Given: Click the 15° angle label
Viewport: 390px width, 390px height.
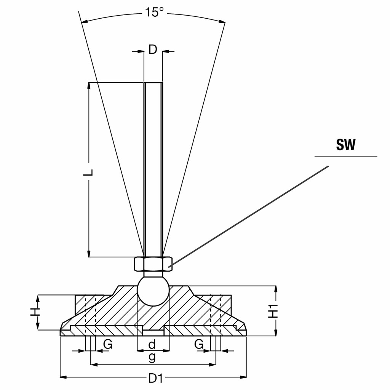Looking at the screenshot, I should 154,12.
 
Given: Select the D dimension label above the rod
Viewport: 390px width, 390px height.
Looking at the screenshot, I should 153,50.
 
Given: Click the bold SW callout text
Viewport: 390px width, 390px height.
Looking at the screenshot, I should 345,145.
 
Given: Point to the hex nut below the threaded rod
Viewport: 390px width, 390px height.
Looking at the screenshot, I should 153,264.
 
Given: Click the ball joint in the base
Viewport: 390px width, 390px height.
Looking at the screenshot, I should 153,290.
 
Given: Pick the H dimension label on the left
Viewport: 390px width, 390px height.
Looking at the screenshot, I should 35,312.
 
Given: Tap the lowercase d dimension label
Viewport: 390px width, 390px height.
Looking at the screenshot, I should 152,345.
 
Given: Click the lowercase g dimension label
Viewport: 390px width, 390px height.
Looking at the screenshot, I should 152,357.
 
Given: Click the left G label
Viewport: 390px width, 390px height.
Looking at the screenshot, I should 108,345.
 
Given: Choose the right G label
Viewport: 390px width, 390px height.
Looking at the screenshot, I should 199,345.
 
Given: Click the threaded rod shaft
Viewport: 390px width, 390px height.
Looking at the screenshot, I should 153,168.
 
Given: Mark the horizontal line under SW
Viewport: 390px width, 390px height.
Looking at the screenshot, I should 346,156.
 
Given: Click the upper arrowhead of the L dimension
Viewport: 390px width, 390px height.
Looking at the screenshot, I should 89,86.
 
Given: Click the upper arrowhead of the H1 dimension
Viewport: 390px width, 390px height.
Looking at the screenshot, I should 276,288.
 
